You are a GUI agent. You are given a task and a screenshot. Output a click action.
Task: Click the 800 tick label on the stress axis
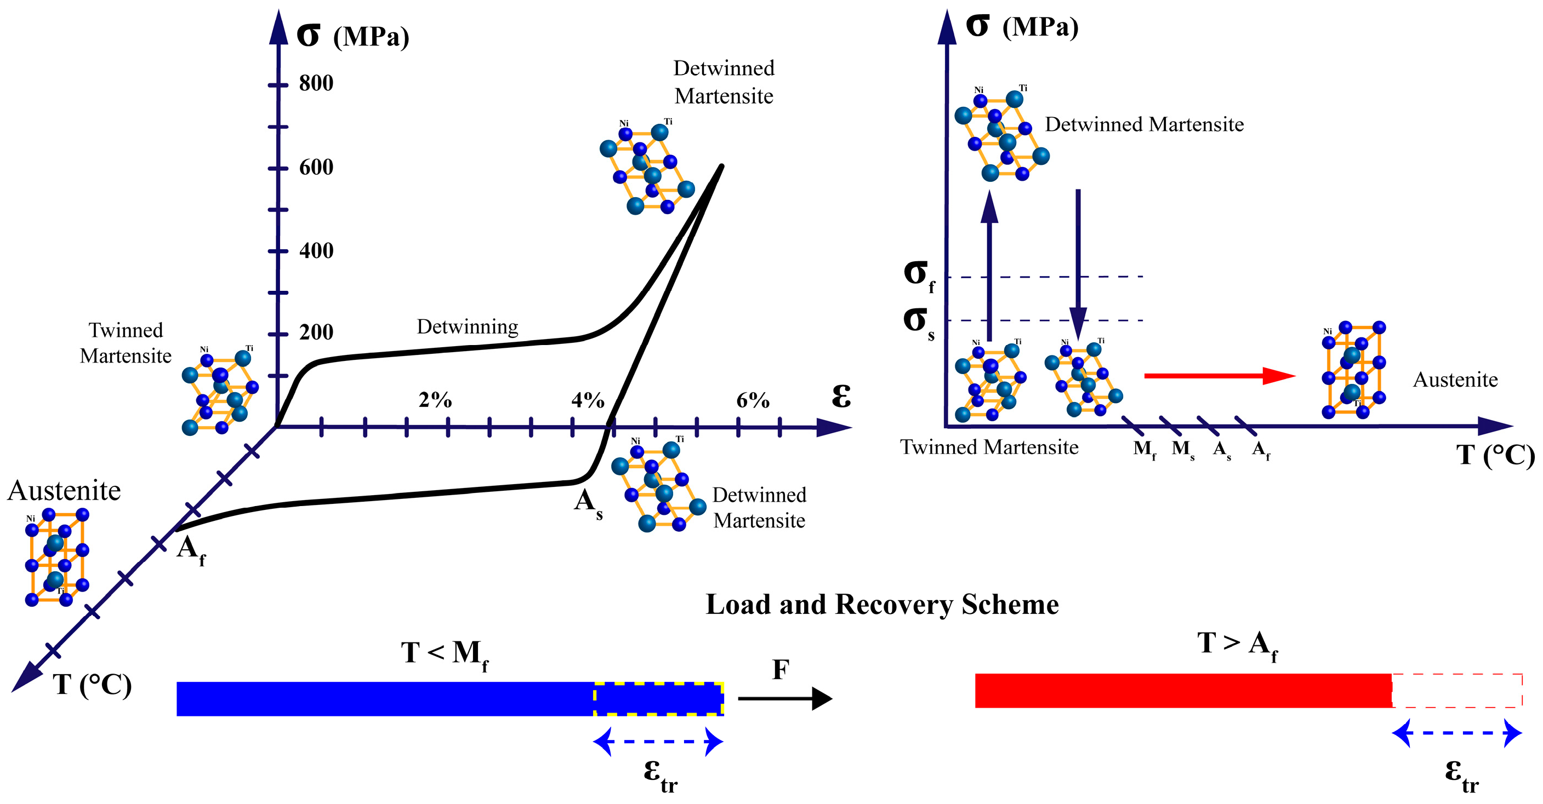click(x=316, y=83)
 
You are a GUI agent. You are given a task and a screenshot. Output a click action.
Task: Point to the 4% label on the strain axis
click(x=588, y=400)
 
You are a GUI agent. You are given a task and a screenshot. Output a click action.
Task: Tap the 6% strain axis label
click(x=753, y=400)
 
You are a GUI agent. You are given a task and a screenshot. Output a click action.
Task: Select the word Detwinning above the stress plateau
click(x=467, y=327)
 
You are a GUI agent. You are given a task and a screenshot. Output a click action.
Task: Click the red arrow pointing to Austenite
click(x=1219, y=376)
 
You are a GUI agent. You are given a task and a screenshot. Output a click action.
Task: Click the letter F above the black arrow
click(x=781, y=670)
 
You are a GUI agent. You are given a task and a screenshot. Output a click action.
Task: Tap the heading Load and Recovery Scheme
click(x=882, y=605)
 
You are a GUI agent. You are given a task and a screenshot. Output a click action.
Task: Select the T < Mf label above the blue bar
click(x=445, y=654)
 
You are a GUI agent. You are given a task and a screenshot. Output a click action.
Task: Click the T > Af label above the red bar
click(x=1237, y=645)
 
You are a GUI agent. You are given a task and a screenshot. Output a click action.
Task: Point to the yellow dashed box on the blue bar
click(x=658, y=699)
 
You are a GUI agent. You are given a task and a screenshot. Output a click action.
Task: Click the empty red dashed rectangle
click(x=1457, y=691)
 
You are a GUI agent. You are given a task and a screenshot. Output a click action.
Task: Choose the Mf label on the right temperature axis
click(x=1145, y=449)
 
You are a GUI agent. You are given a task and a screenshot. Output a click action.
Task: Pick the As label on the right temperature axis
click(x=1222, y=449)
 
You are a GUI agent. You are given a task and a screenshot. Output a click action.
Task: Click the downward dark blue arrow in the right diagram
click(x=1078, y=263)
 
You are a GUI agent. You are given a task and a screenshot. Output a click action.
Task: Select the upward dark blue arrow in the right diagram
click(x=989, y=263)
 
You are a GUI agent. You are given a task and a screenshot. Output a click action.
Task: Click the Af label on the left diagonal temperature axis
click(x=191, y=549)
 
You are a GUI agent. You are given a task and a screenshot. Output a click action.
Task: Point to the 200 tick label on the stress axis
click(x=316, y=332)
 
